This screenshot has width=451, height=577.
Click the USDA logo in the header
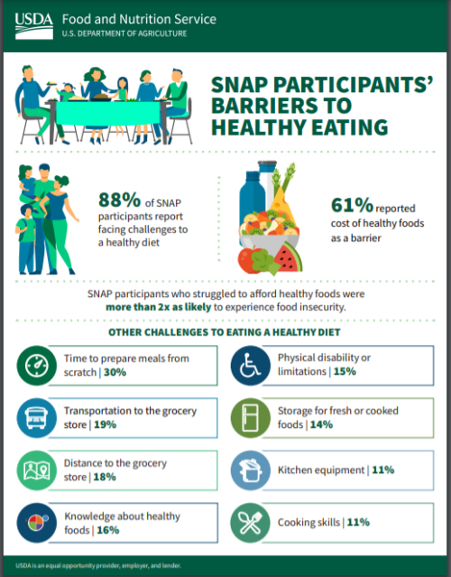pos(33,26)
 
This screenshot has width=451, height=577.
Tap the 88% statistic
pos(119,200)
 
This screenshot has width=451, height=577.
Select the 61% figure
pos(352,205)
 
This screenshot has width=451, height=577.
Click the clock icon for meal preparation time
pos(37,366)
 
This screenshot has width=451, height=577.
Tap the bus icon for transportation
pos(37,418)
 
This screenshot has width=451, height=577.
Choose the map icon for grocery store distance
pos(37,470)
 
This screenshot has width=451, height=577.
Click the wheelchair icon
pos(251,366)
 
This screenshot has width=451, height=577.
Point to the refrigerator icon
pos(251,418)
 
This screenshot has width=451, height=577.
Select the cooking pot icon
pos(251,470)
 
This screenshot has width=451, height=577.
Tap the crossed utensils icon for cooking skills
pos(251,523)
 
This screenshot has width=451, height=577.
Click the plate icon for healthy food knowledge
pos(37,523)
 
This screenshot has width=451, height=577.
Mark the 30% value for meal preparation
pos(115,372)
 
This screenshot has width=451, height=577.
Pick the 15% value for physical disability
pos(345,371)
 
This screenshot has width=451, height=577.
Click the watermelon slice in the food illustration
pos(289,257)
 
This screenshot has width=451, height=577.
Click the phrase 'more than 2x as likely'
pos(159,307)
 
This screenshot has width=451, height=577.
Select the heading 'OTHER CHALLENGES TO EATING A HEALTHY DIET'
pos(225,332)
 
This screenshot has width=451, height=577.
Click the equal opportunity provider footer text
pos(98,565)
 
